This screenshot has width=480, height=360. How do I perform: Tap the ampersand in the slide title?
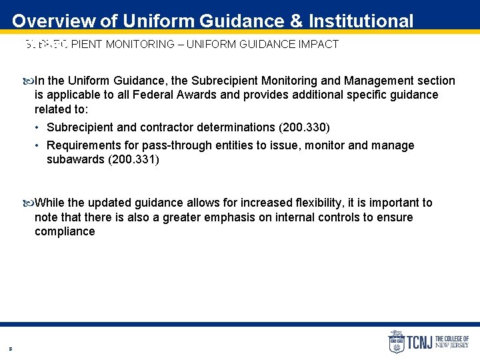tap(297, 21)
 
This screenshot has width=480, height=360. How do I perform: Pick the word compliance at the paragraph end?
tap(65, 232)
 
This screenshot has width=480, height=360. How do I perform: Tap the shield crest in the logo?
tap(396, 342)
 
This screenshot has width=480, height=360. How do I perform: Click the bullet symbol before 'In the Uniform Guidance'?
tap(27, 81)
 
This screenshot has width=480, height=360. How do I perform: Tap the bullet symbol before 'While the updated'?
tap(27, 203)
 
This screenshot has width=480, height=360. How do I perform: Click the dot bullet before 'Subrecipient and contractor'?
tap(39, 127)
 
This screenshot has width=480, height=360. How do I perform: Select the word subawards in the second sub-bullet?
tap(75, 160)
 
